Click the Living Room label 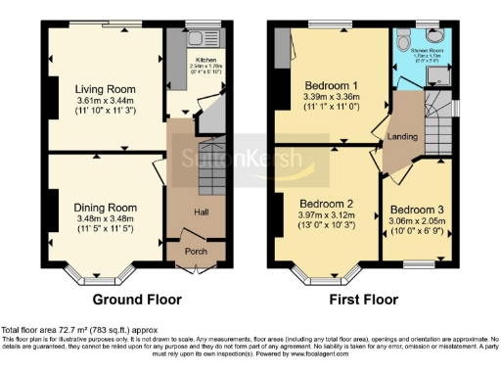click(x=104, y=87)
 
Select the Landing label click(x=401, y=137)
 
